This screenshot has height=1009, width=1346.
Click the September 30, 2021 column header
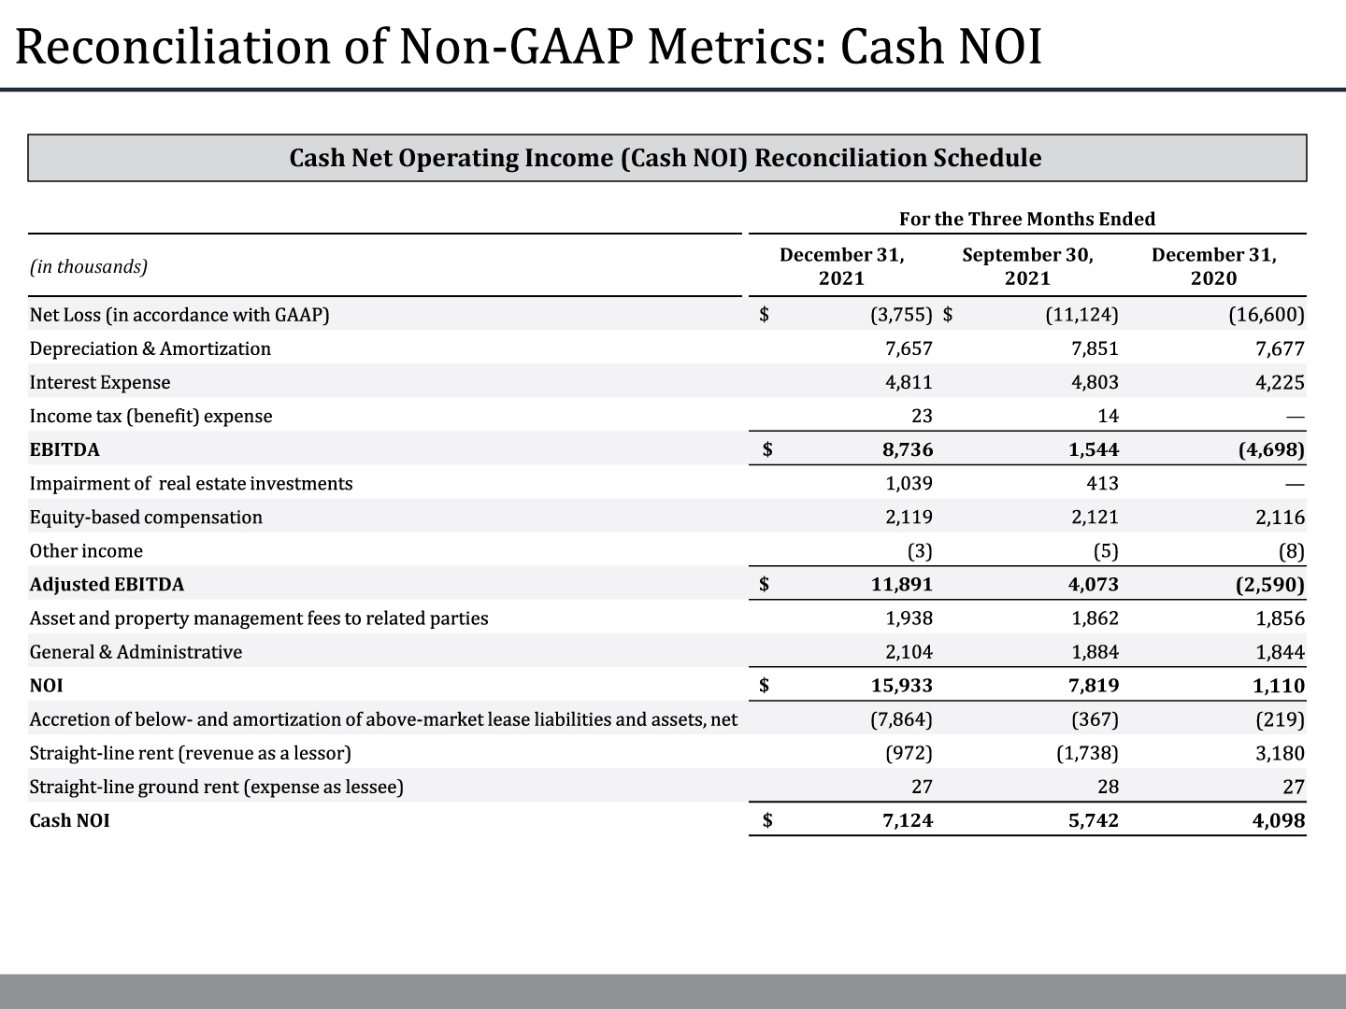[1027, 266]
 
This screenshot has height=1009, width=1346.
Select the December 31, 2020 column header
[1213, 266]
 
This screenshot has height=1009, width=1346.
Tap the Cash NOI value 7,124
[908, 820]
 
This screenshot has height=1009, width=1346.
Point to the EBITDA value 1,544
[1094, 449]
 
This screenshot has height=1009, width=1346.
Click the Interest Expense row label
[100, 382]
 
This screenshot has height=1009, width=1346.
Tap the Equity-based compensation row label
[146, 518]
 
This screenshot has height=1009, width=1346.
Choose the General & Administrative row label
[136, 652]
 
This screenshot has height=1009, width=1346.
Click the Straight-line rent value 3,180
[1280, 753]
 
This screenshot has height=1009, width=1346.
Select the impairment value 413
[1102, 483]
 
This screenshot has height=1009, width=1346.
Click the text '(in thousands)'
[89, 266]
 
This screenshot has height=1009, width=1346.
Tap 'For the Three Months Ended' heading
[1027, 220]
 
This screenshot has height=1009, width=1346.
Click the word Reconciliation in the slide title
[174, 47]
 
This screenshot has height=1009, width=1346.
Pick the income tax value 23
[922, 416]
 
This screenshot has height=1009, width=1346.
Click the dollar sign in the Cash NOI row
[767, 820]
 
